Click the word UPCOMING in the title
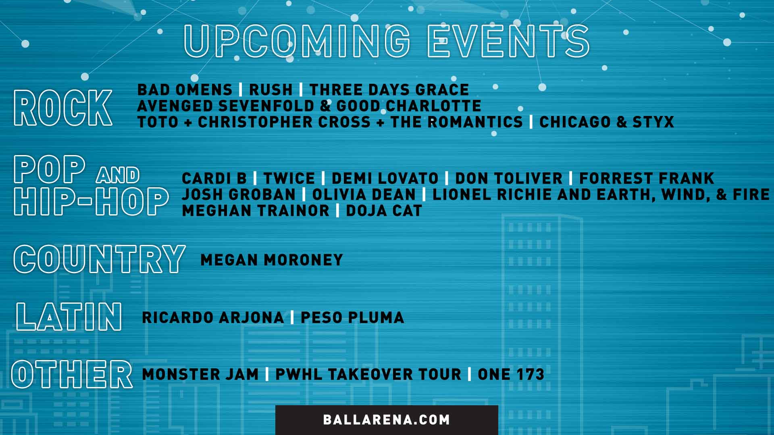[297, 41]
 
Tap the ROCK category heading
[63, 108]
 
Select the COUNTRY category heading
[99, 259]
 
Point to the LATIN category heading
[69, 317]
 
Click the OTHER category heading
[72, 374]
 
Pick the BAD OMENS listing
[185, 89]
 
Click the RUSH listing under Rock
[270, 89]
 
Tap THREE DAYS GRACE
[389, 89]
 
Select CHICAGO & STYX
[606, 122]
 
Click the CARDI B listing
[214, 178]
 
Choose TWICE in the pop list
[289, 178]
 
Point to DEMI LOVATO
[385, 178]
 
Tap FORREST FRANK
[646, 178]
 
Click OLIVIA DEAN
[364, 195]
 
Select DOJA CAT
[384, 211]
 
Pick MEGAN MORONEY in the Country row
[271, 260]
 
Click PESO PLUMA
[352, 317]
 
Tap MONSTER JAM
[200, 374]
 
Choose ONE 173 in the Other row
[511, 374]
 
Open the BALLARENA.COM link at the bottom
[386, 420]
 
